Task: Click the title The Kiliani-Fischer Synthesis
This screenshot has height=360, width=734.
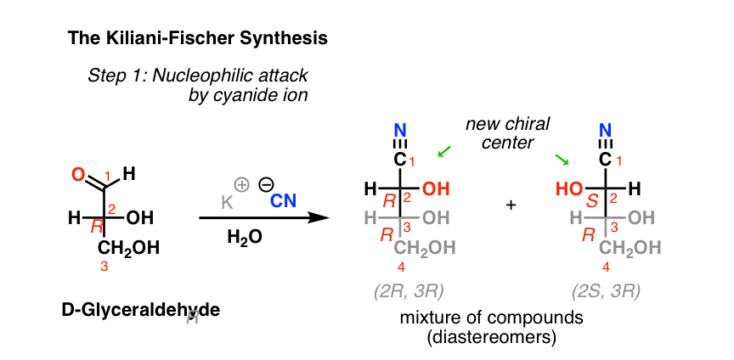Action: (x=197, y=38)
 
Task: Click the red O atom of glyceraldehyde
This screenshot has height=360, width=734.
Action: (x=79, y=175)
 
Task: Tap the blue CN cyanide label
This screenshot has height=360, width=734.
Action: (x=283, y=201)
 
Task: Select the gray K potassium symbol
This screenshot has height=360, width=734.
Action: (x=228, y=202)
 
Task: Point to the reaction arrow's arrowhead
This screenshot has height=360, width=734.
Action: (x=319, y=217)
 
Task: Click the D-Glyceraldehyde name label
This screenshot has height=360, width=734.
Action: (x=140, y=312)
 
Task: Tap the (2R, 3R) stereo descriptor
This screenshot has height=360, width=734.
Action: (x=409, y=292)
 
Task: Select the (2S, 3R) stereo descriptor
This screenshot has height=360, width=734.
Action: (x=606, y=292)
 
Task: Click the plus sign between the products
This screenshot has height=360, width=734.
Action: (x=511, y=205)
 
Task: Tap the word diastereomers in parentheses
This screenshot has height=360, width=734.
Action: (x=492, y=338)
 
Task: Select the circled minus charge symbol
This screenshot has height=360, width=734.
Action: (x=264, y=185)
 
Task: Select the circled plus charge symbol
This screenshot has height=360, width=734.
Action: (x=242, y=185)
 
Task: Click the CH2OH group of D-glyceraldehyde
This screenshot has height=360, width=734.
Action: (x=128, y=248)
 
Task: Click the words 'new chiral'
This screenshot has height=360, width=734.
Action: (x=507, y=125)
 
